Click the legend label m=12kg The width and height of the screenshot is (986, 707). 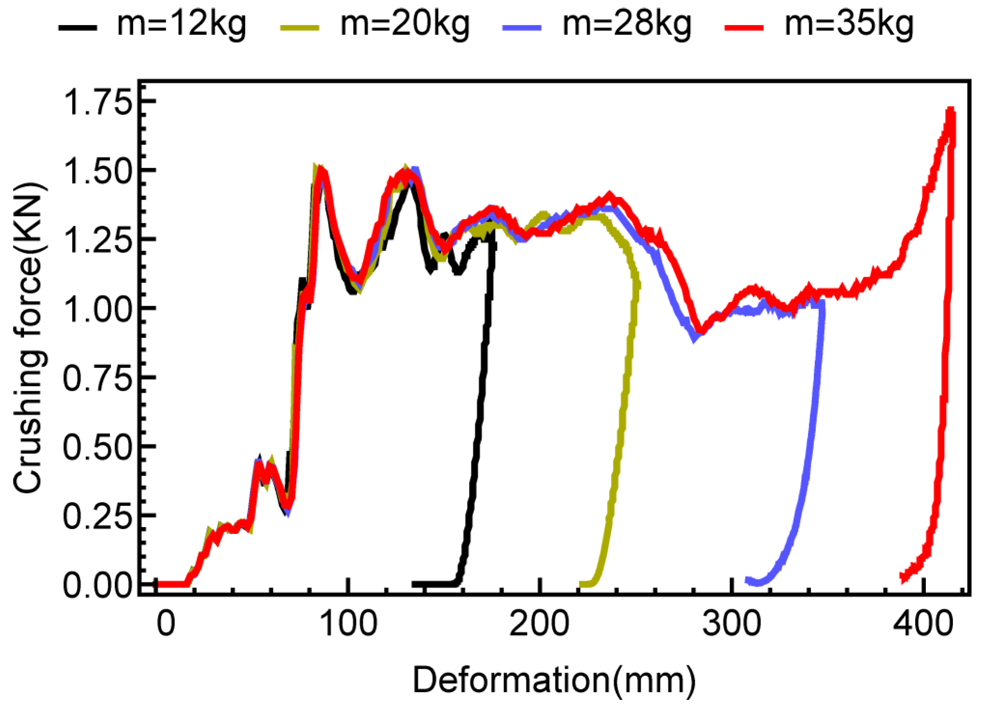[181, 24]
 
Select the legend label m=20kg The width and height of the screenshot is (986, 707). [405, 24]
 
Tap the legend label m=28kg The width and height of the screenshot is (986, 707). [627, 24]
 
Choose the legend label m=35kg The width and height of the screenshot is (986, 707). [849, 24]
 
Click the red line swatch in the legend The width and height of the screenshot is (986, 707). [744, 27]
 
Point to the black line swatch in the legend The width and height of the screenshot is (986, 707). [78, 27]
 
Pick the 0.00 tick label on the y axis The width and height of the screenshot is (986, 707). [97, 585]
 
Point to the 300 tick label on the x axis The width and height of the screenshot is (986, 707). [732, 624]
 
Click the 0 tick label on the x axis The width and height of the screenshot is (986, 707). [166, 624]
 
